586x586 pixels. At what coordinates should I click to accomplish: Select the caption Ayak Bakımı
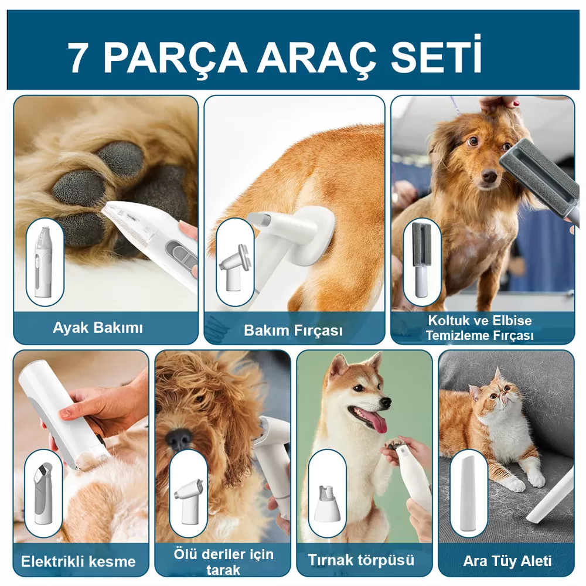click(x=98, y=328)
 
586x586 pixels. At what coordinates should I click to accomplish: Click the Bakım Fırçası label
click(x=293, y=331)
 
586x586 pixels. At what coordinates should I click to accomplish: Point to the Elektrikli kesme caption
click(x=78, y=561)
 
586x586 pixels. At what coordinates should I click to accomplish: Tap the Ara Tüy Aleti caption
click(x=507, y=561)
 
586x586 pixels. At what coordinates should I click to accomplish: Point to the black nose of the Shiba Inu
click(x=386, y=402)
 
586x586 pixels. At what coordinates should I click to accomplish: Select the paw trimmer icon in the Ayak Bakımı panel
click(x=45, y=261)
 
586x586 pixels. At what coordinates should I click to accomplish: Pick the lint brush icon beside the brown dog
click(x=422, y=261)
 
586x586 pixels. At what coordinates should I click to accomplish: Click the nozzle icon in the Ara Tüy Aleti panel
click(x=469, y=493)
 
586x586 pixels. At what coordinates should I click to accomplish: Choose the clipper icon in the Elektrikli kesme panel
click(x=43, y=493)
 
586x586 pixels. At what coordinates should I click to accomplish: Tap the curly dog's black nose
click(x=179, y=438)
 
